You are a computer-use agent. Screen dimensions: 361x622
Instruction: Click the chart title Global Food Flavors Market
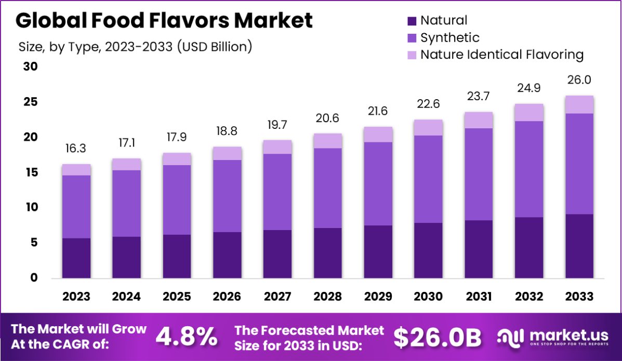pyautogui.click(x=164, y=20)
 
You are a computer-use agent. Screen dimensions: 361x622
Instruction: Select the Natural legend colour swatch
pyautogui.click(x=412, y=21)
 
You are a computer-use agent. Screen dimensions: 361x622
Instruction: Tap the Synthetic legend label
pyautogui.click(x=449, y=37)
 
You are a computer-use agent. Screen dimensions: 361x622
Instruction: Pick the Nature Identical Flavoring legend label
pyautogui.click(x=502, y=55)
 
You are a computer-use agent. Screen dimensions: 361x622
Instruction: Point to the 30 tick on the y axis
pyautogui.click(x=31, y=67)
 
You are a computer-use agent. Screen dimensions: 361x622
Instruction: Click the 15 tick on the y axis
pyautogui.click(x=31, y=172)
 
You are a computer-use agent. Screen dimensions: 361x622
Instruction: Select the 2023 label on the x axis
pyautogui.click(x=76, y=297)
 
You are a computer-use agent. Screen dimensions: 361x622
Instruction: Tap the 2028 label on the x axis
pyautogui.click(x=328, y=297)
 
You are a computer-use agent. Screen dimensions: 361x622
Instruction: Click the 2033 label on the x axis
pyautogui.click(x=579, y=297)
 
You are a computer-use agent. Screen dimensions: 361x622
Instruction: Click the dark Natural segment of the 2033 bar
pyautogui.click(x=579, y=246)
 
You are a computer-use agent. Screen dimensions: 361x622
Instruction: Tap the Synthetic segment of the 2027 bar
pyautogui.click(x=277, y=192)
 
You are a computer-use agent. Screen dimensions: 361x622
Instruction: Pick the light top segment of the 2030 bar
pyautogui.click(x=429, y=128)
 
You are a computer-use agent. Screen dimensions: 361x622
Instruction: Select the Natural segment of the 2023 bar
pyautogui.click(x=76, y=258)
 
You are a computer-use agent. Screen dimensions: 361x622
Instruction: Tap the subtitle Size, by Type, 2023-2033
pyautogui.click(x=136, y=46)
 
